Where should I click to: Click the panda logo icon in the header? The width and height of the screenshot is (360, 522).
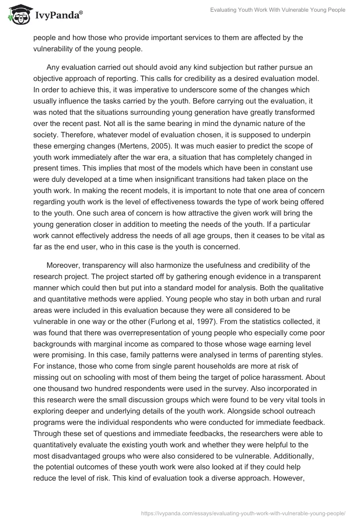pyautogui.click(x=18, y=15)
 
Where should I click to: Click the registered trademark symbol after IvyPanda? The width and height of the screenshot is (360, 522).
pyautogui.click(x=81, y=13)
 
